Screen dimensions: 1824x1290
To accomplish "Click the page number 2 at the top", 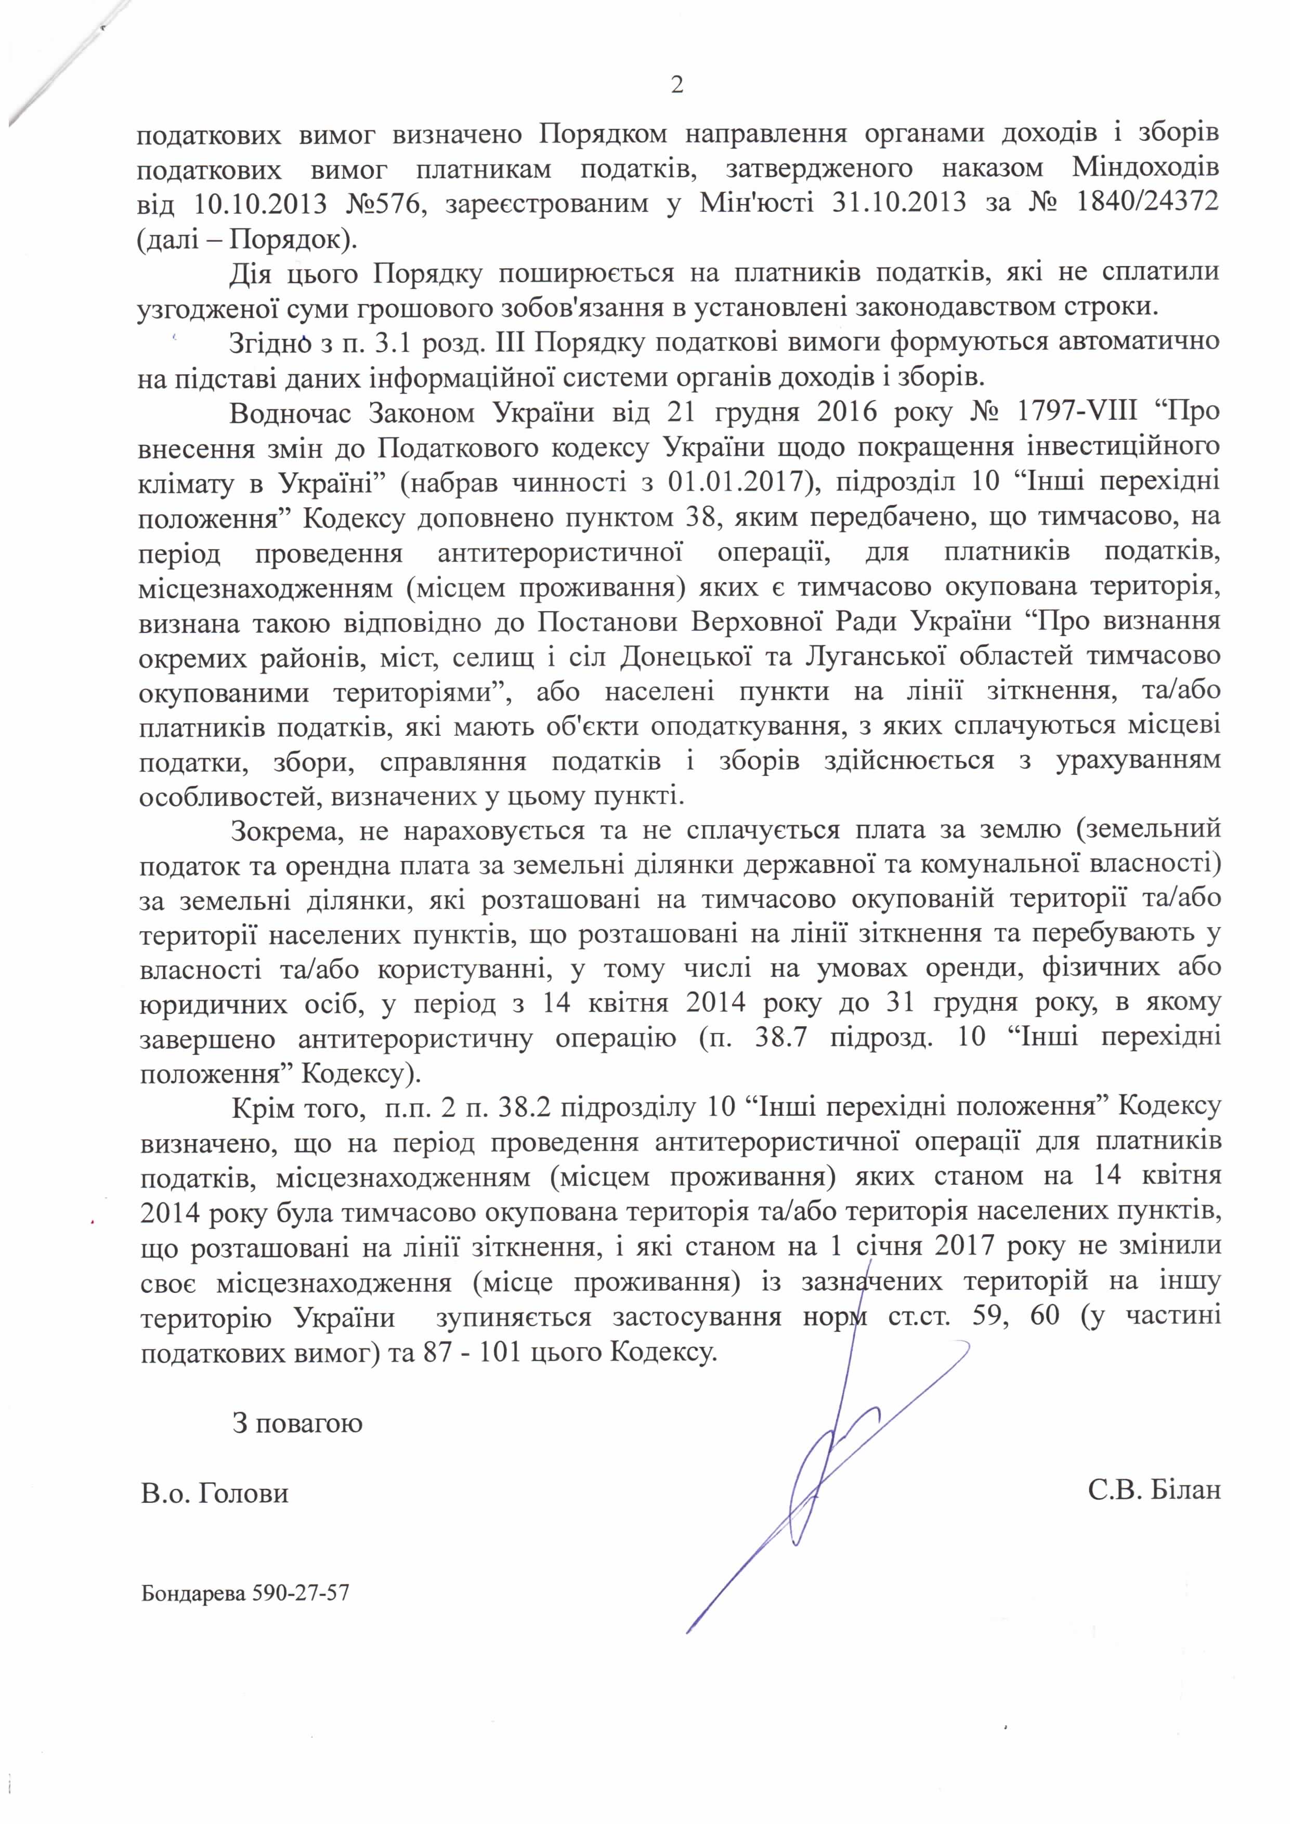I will (677, 85).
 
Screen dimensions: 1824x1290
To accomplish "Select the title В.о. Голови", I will (215, 1493).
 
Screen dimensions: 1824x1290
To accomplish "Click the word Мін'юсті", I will (756, 203).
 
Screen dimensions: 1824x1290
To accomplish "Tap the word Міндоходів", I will (1145, 168).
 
